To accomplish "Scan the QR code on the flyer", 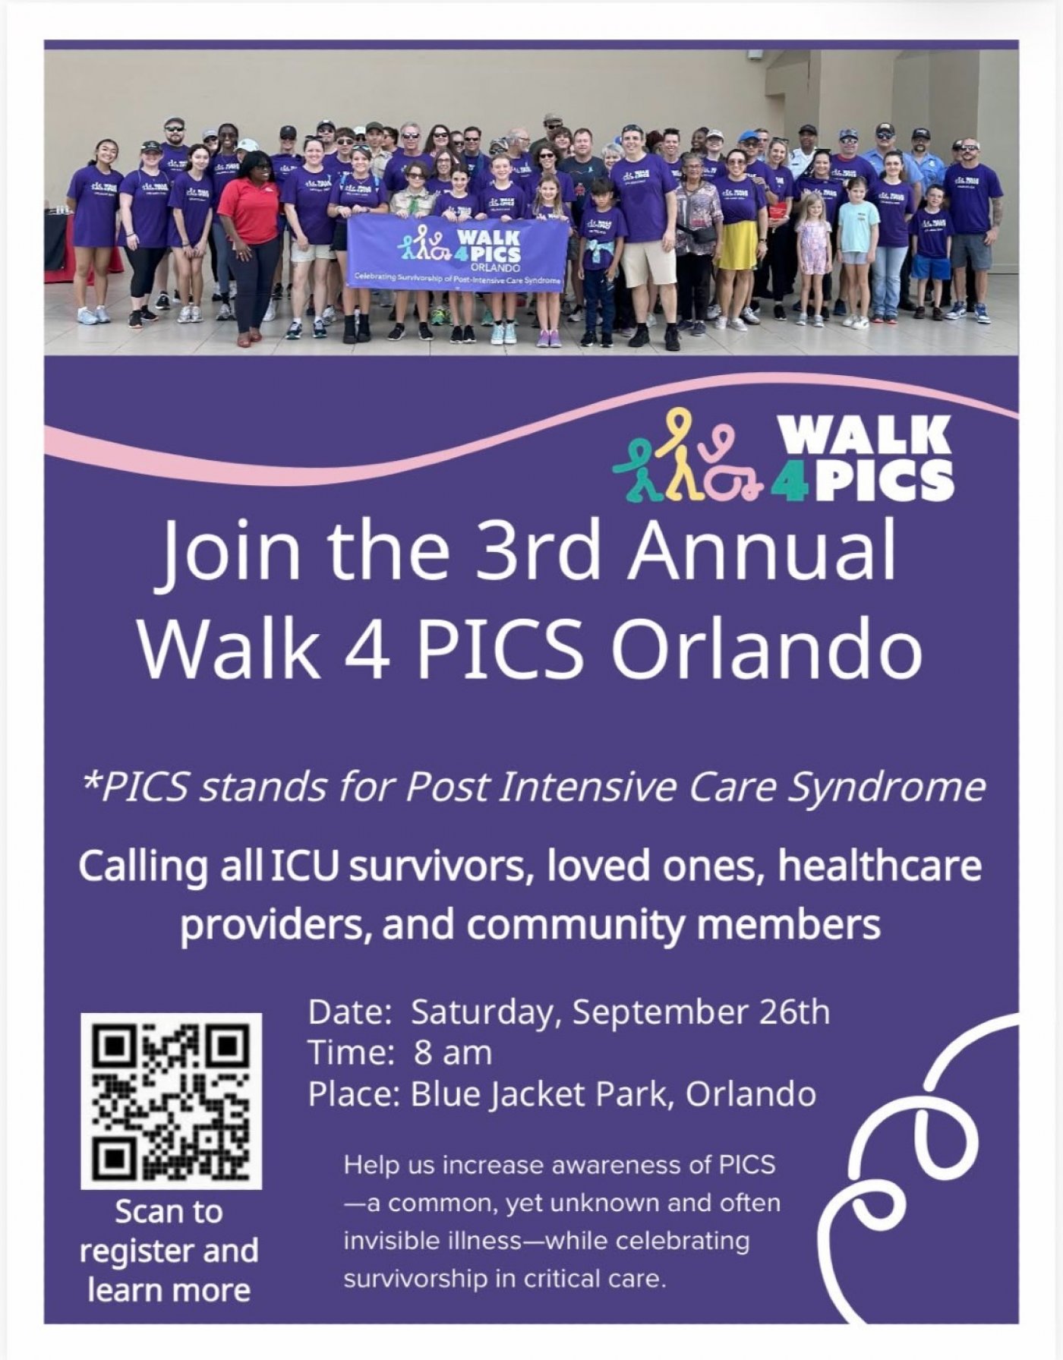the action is [172, 1101].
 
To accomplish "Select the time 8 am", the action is [453, 1053].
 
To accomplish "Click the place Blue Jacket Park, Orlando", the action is [614, 1094].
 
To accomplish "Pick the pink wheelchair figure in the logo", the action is [730, 471].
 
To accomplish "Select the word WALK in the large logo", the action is [865, 435].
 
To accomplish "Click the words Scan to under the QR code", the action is [169, 1212].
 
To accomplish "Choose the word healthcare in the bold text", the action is [880, 866].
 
